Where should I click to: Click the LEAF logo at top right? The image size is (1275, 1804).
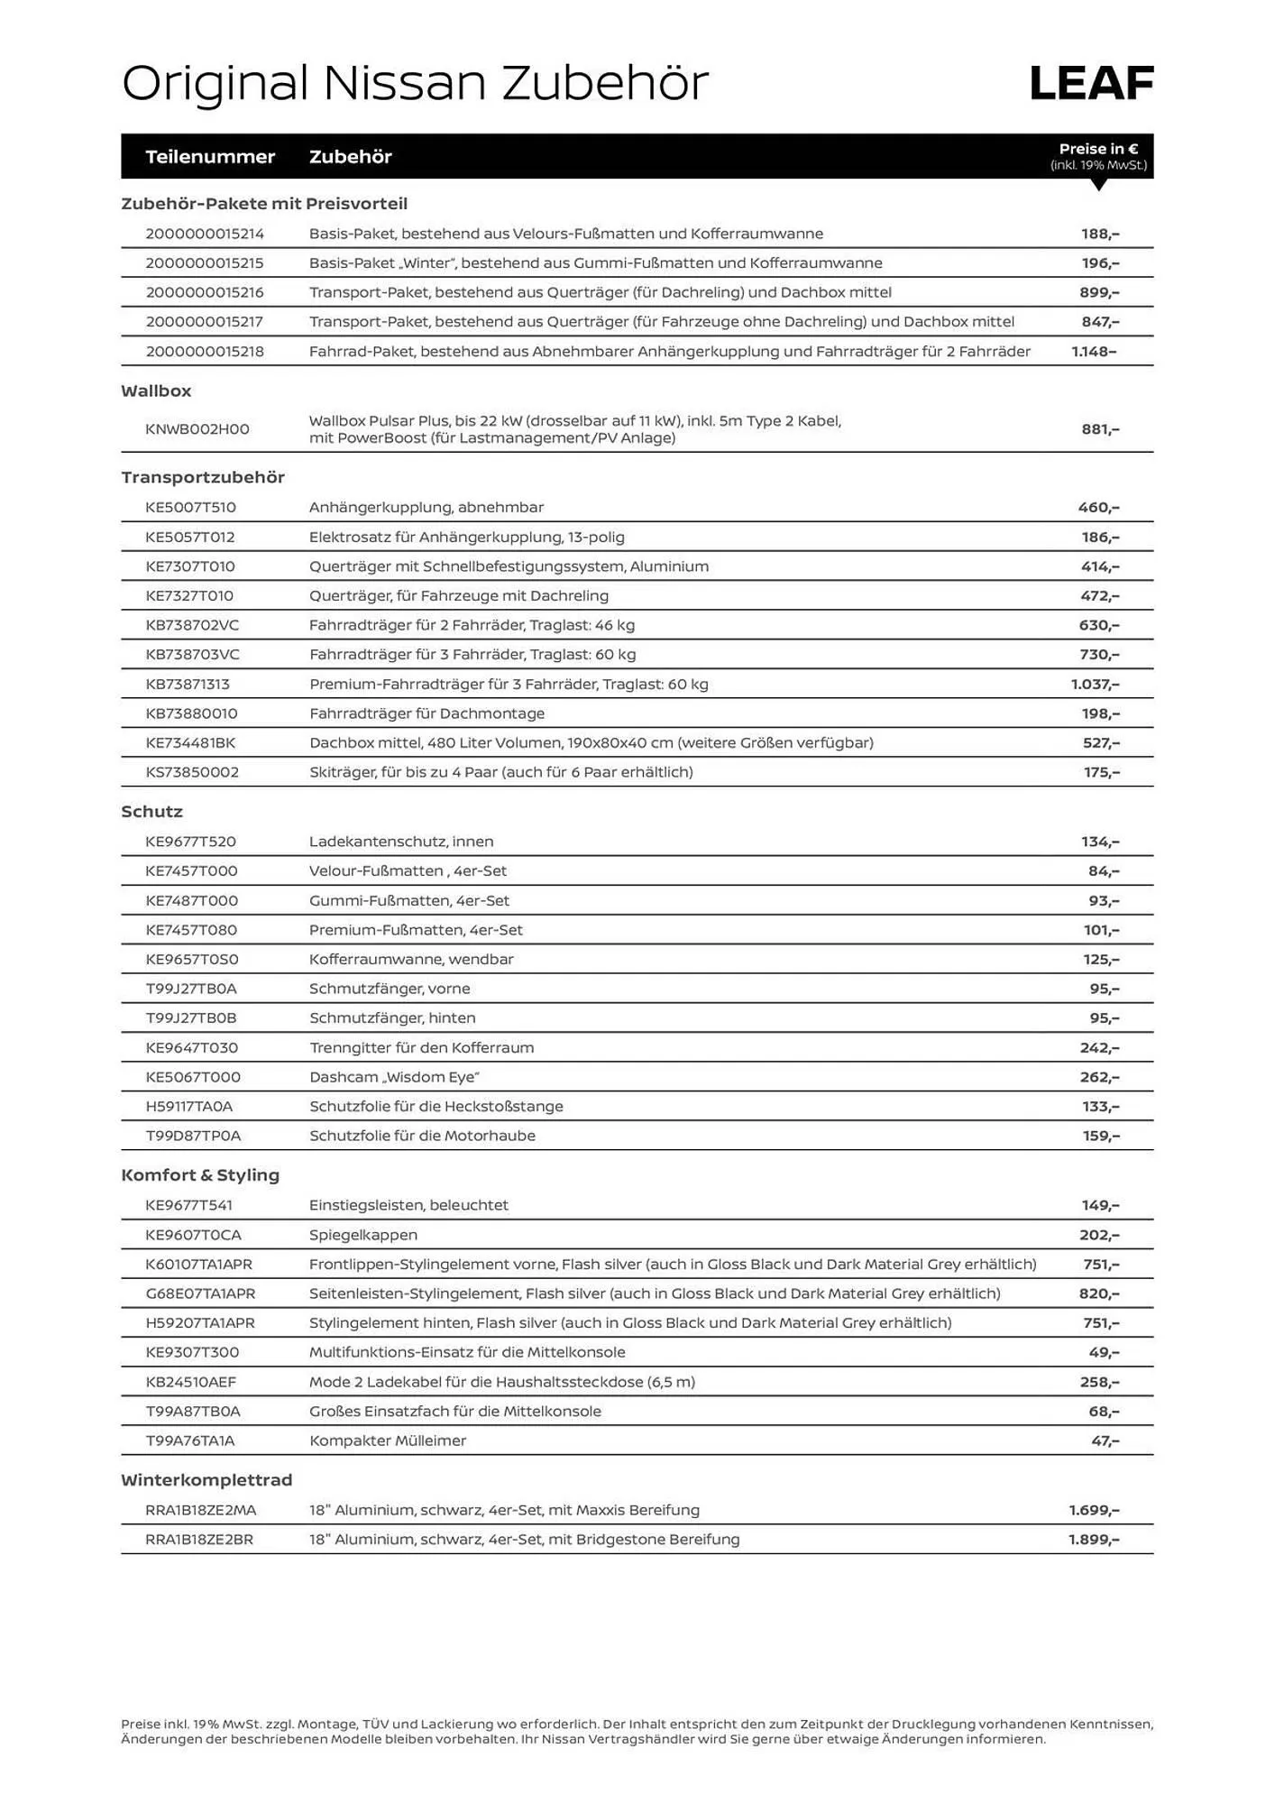(x=1091, y=83)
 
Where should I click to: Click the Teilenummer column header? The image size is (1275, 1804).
(x=210, y=157)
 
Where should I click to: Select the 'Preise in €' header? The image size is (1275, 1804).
(x=1098, y=150)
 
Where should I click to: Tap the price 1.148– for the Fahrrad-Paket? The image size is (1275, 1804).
(x=1094, y=352)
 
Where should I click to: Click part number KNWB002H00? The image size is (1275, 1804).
(x=197, y=429)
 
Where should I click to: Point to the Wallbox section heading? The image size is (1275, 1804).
(x=156, y=391)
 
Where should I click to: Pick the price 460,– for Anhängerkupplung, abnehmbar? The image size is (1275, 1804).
(x=1098, y=508)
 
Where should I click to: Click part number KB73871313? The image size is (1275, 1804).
(x=188, y=685)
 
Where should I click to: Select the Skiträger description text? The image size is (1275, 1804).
(x=500, y=772)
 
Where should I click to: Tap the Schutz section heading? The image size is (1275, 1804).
(x=151, y=812)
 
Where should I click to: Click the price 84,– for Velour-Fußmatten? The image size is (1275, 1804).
(x=1104, y=871)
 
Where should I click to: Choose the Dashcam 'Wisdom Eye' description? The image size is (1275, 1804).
(x=394, y=1077)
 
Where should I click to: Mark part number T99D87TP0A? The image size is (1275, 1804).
(x=193, y=1137)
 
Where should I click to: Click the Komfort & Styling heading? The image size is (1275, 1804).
(x=200, y=1175)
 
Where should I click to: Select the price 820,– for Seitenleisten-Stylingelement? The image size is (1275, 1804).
(x=1099, y=1294)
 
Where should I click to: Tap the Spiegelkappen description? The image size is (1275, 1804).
(x=363, y=1235)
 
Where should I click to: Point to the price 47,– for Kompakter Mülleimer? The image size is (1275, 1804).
(x=1105, y=1441)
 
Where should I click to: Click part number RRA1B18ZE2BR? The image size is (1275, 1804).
(x=199, y=1540)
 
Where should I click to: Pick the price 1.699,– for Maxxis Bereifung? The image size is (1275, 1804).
(x=1094, y=1510)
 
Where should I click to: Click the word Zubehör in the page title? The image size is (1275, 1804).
(x=604, y=83)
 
